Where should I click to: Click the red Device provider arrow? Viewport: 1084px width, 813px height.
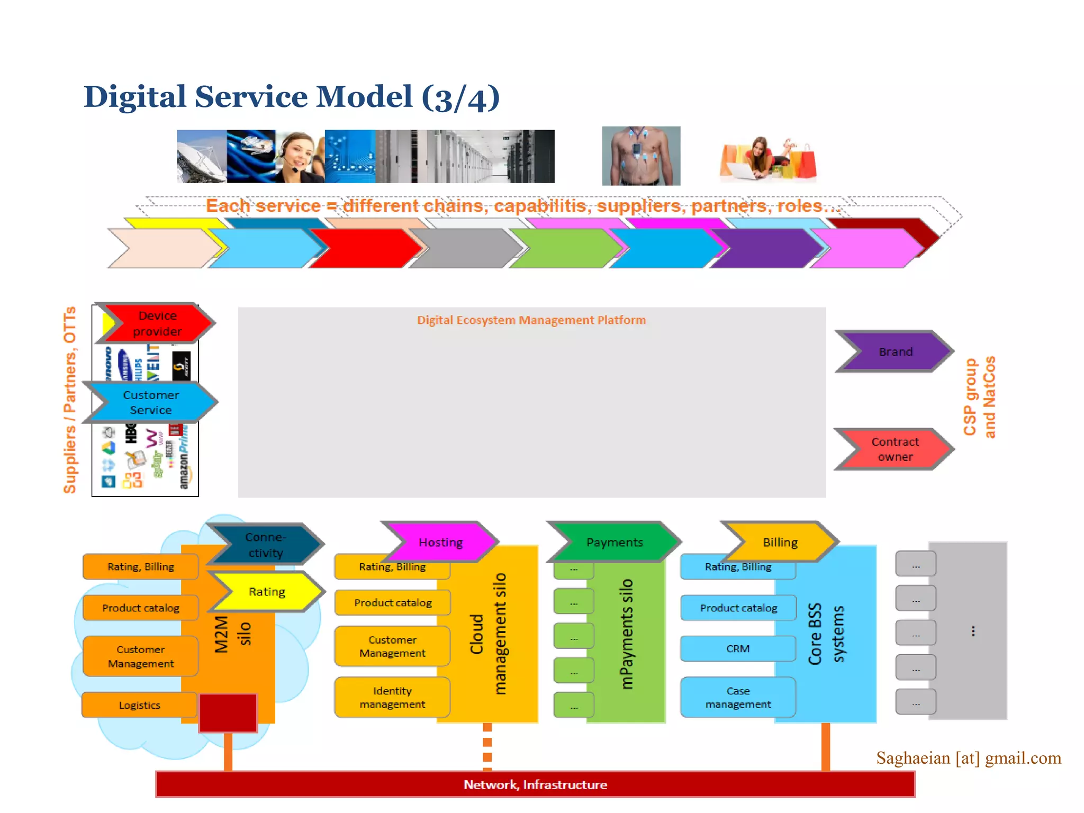[157, 323]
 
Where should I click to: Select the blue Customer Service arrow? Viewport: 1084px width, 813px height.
[151, 402]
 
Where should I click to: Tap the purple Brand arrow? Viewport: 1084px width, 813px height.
[896, 351]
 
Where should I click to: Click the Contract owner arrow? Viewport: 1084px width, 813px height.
[896, 449]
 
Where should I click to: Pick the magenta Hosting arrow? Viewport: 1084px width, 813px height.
[441, 542]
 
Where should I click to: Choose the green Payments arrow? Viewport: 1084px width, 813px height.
[615, 542]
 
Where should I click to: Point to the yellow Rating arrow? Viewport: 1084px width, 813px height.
[267, 591]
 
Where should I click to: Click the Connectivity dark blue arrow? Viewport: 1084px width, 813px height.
[266, 545]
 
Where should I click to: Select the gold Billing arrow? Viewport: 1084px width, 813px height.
[780, 542]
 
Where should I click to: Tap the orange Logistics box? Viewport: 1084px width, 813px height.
[140, 705]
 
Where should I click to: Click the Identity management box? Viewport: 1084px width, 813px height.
[392, 697]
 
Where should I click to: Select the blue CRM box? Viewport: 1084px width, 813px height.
[738, 648]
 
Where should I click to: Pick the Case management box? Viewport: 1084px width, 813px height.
[738, 697]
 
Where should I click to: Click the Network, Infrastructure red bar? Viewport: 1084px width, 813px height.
[535, 784]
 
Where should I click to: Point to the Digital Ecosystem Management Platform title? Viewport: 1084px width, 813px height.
[531, 320]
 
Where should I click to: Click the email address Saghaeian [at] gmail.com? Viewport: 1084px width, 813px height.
[969, 758]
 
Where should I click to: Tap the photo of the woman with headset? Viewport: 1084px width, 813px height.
[300, 156]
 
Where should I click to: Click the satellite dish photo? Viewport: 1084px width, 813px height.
[202, 156]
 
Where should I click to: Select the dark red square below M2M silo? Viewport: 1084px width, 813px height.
[228, 713]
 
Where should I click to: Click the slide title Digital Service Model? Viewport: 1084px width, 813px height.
[292, 97]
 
